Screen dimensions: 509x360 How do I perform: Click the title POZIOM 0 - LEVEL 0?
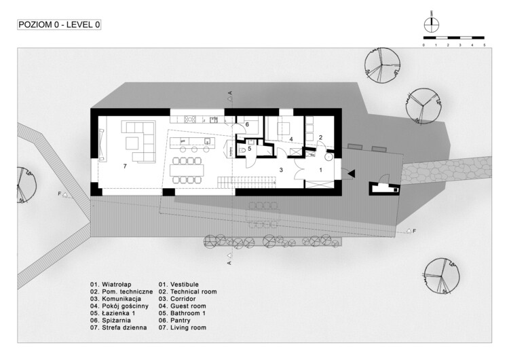59,24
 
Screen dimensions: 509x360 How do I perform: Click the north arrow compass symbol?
432,23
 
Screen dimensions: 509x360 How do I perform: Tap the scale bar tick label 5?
485,45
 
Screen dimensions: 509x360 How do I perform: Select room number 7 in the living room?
125,166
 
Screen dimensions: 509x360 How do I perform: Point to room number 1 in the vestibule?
321,170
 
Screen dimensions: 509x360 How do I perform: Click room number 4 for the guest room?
291,139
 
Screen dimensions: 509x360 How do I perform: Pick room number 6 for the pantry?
247,124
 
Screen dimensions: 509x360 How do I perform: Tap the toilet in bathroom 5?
242,150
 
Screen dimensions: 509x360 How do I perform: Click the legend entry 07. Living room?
183,327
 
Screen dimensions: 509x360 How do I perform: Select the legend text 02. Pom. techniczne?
121,292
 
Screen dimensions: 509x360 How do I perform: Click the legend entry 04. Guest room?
183,306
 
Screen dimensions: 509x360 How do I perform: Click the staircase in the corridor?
247,182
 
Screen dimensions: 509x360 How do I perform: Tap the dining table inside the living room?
187,170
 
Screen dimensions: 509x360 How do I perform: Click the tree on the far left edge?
26,185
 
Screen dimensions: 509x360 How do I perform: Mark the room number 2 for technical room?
320,137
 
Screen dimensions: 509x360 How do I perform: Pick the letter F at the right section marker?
414,231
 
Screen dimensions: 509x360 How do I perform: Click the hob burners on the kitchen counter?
189,120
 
